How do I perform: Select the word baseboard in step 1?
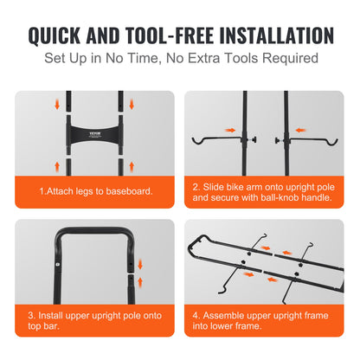[131, 190]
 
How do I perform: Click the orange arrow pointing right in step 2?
[230, 131]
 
